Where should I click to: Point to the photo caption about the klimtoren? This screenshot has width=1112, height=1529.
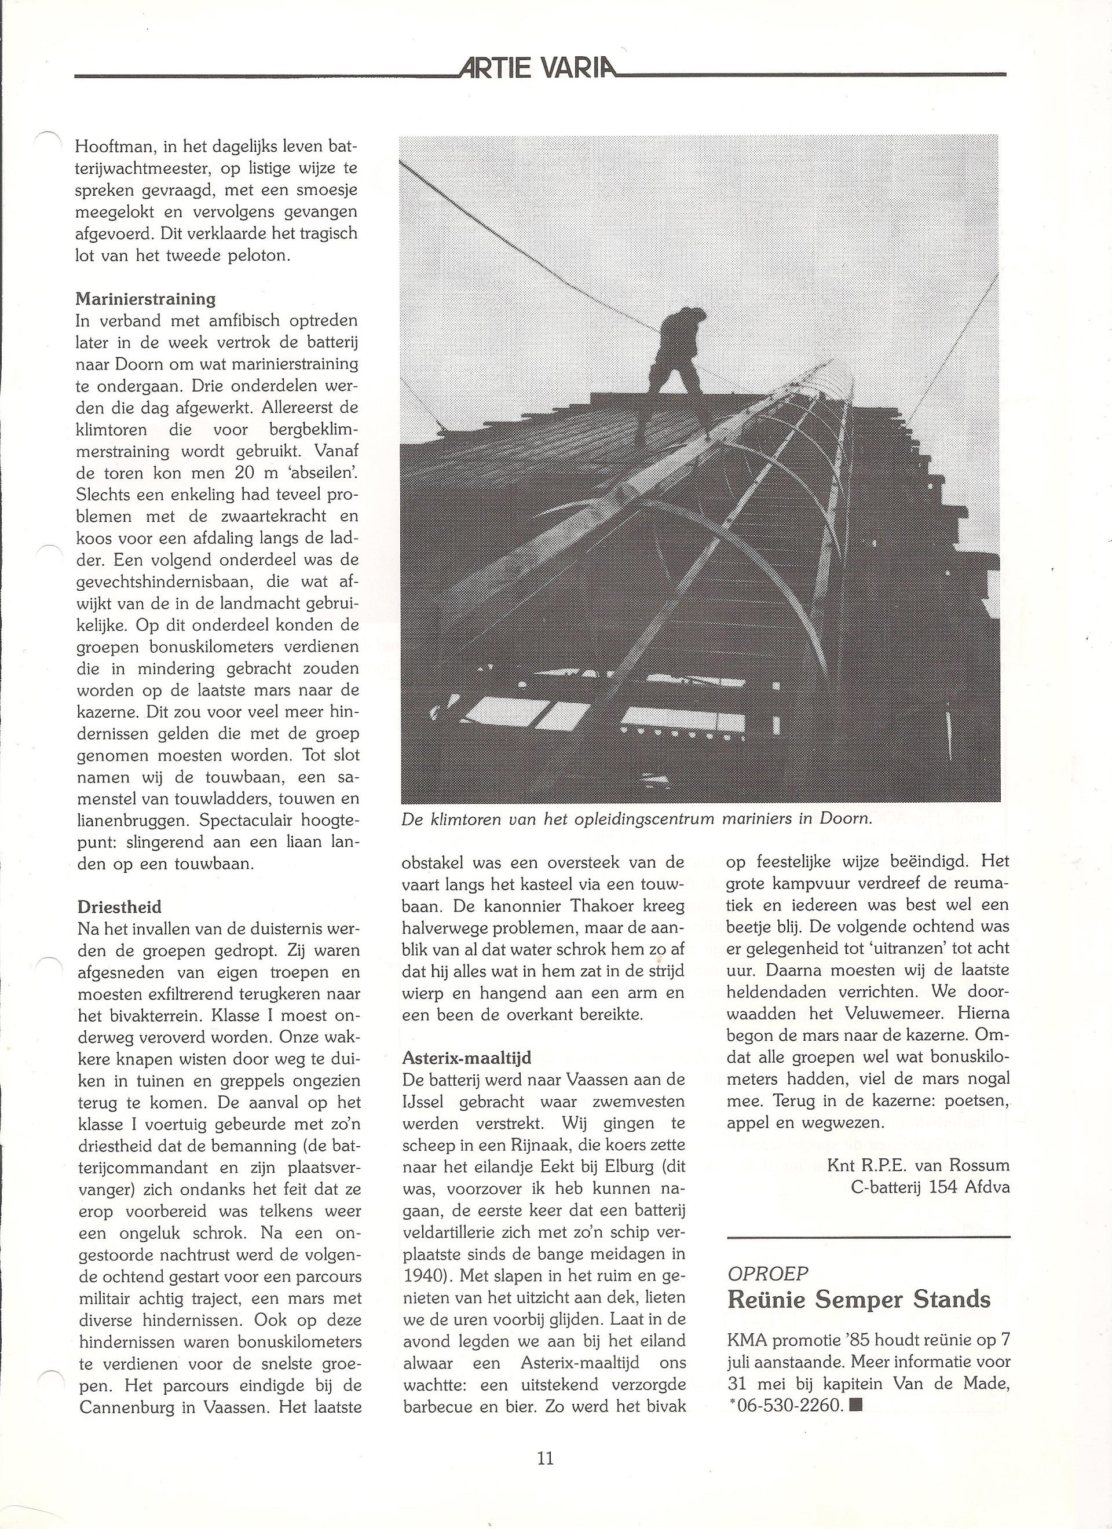(637, 820)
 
